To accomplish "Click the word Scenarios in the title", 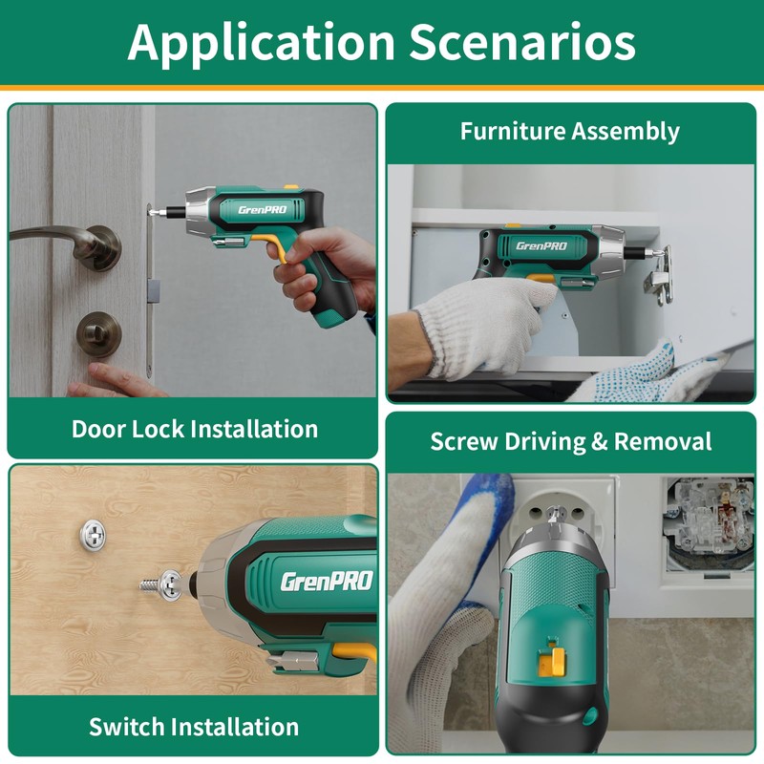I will tap(522, 43).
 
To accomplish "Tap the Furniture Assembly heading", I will tap(570, 131).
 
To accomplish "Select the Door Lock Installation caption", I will tap(195, 429).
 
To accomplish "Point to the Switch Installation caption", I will tap(194, 726).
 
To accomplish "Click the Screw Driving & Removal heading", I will tap(571, 442).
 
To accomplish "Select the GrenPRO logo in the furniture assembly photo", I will tap(541, 245).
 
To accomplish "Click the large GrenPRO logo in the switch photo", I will tap(326, 580).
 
